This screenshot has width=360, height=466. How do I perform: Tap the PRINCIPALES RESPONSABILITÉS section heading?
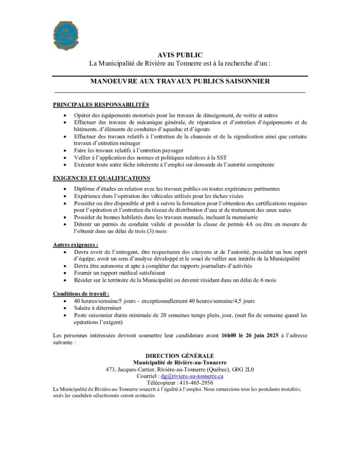[101, 104]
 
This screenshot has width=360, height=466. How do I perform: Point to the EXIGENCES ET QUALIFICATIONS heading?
[101, 177]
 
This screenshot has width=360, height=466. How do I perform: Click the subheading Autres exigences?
[75, 244]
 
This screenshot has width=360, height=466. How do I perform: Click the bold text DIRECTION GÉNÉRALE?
[179, 355]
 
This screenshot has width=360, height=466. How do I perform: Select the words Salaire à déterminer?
[96, 308]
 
